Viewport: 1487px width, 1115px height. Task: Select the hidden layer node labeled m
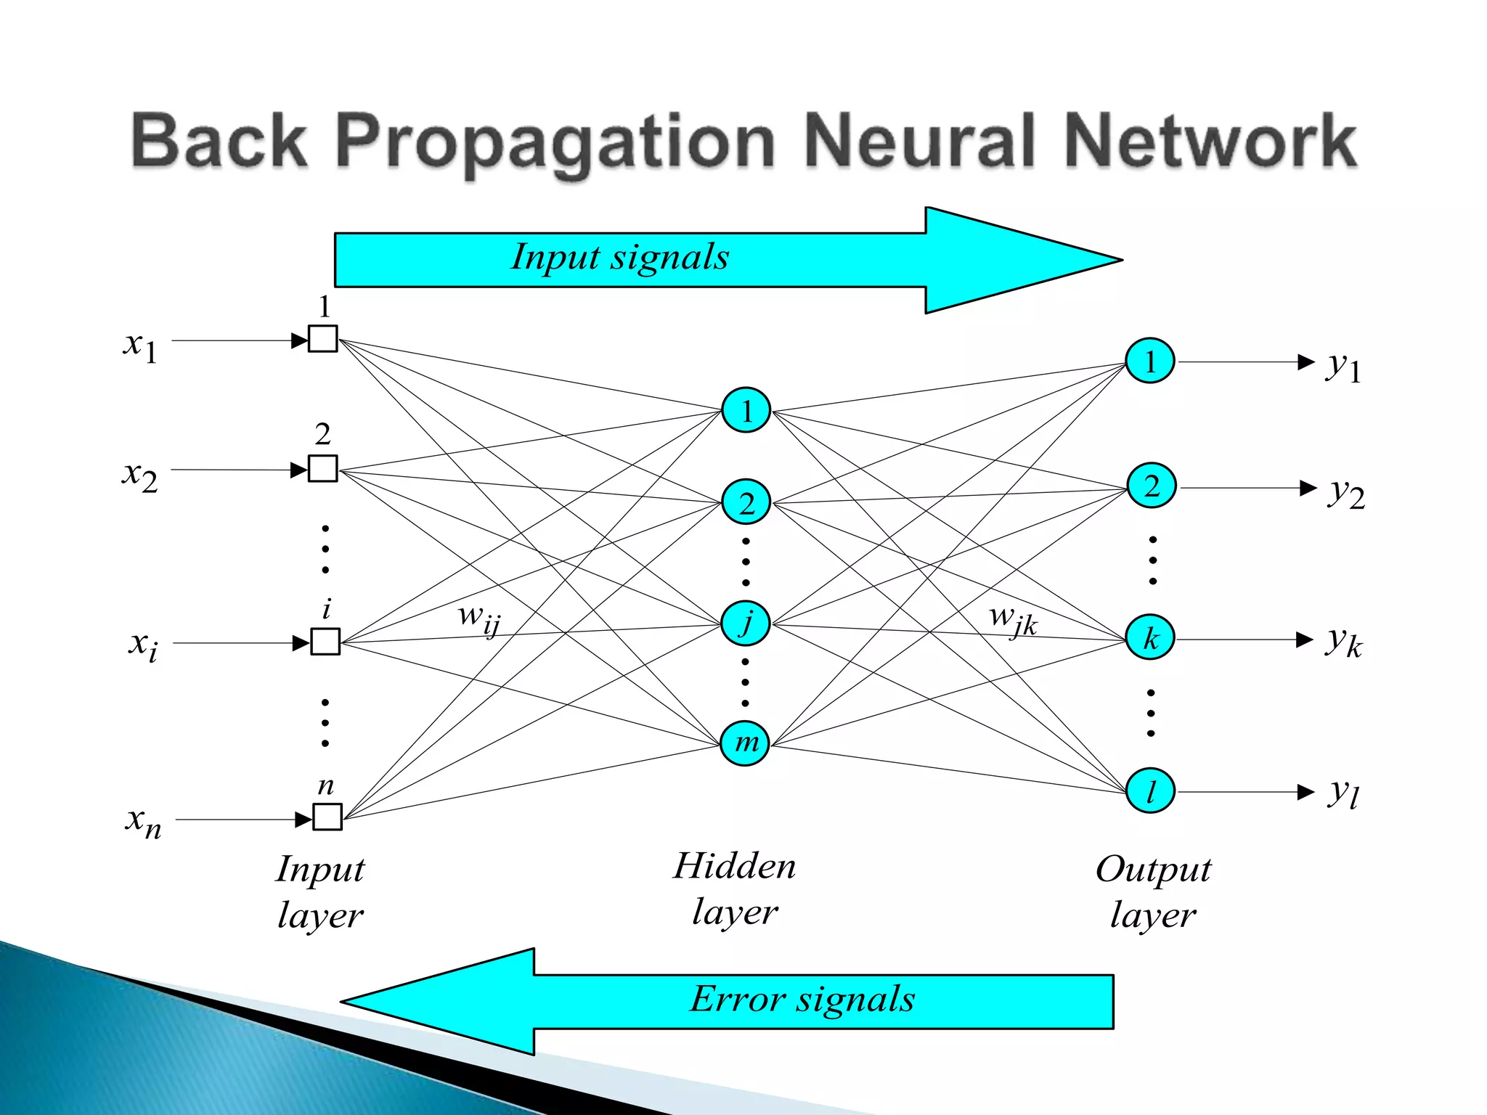click(746, 743)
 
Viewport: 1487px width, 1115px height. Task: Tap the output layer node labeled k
click(1150, 638)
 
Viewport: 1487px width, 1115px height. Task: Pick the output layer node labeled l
click(1150, 791)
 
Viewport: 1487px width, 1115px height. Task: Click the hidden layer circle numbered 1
click(746, 411)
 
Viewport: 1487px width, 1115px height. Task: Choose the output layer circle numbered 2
click(1151, 486)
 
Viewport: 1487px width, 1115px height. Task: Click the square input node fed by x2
click(323, 468)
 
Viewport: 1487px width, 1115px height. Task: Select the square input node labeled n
click(327, 817)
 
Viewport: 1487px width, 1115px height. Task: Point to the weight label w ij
click(479, 618)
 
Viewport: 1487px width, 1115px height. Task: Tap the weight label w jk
click(1013, 620)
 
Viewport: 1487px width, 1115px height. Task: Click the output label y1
click(1343, 366)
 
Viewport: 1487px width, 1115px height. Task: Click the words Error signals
click(802, 1000)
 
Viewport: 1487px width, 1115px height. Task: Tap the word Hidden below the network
click(734, 866)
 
